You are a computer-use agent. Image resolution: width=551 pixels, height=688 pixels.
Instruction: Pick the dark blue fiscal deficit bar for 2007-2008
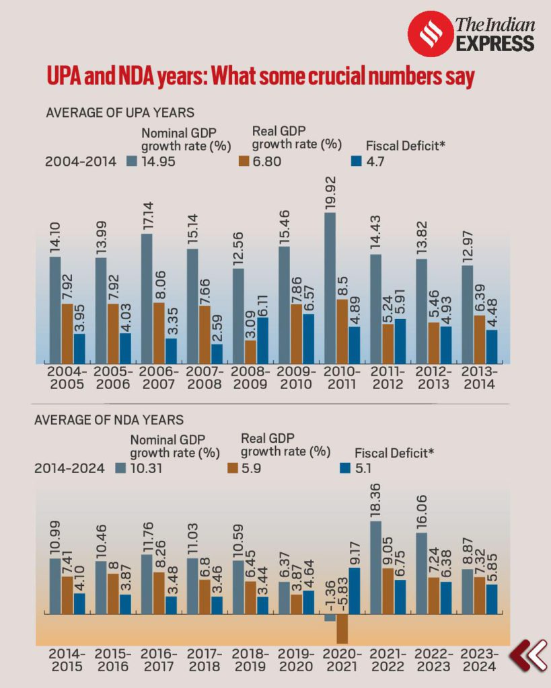coord(217,354)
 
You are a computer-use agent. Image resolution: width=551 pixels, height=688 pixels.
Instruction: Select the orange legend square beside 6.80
coord(246,161)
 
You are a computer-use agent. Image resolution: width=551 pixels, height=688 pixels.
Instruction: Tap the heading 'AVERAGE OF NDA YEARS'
coord(109,420)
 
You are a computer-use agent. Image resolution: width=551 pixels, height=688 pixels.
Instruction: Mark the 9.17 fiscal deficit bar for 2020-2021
coord(354,591)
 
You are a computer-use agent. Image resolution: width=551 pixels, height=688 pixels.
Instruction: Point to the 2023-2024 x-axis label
coord(479,659)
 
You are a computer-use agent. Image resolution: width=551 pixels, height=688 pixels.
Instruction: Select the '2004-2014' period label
coord(81,161)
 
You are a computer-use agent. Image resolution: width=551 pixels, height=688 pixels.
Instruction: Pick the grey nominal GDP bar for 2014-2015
coord(55,586)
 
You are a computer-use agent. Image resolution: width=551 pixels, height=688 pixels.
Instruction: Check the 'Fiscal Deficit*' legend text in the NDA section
coord(394,453)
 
